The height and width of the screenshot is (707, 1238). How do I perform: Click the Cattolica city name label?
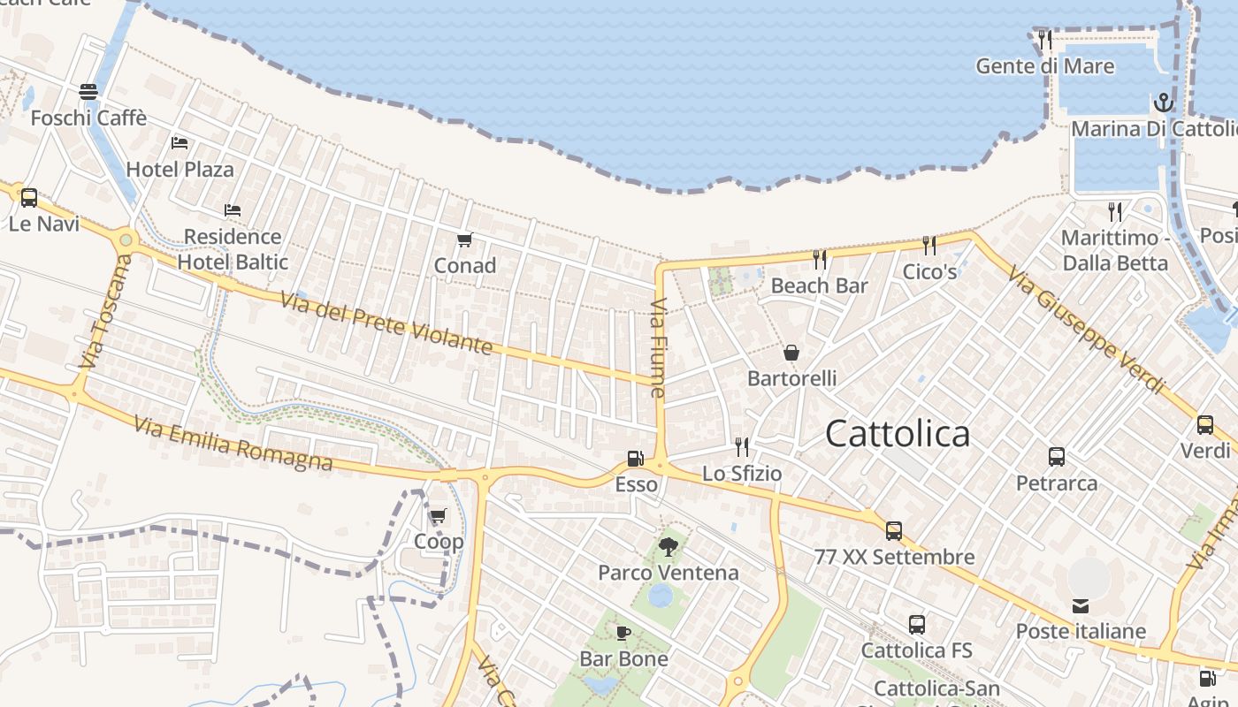click(x=897, y=434)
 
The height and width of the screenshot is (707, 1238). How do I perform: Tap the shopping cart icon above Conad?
click(x=465, y=239)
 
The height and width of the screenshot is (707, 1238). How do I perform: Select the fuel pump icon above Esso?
click(x=634, y=459)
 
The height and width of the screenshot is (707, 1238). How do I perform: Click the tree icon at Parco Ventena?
click(x=669, y=547)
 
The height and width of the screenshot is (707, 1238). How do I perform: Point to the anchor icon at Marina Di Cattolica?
click(x=1163, y=103)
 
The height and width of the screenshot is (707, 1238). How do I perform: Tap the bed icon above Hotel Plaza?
click(x=180, y=142)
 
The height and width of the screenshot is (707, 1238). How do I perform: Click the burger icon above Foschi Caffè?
click(x=88, y=91)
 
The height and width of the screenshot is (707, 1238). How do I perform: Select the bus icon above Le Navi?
click(x=29, y=198)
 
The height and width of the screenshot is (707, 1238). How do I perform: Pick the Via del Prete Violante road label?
click(x=386, y=323)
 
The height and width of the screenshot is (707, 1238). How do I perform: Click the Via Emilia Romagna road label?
click(x=233, y=444)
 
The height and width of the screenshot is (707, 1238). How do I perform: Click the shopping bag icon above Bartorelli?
click(x=791, y=353)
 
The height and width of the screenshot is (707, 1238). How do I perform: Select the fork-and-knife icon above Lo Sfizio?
click(x=742, y=447)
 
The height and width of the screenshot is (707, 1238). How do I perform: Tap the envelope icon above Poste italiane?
click(x=1081, y=605)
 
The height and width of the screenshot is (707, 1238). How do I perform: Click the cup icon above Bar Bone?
click(x=623, y=633)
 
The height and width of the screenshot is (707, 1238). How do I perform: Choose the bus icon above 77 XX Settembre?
click(x=894, y=531)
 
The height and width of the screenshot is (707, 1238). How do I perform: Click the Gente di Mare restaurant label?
click(x=1044, y=66)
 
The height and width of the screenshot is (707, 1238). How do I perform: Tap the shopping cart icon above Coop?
click(x=438, y=516)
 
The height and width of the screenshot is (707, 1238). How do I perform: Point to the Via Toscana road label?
click(x=103, y=311)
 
